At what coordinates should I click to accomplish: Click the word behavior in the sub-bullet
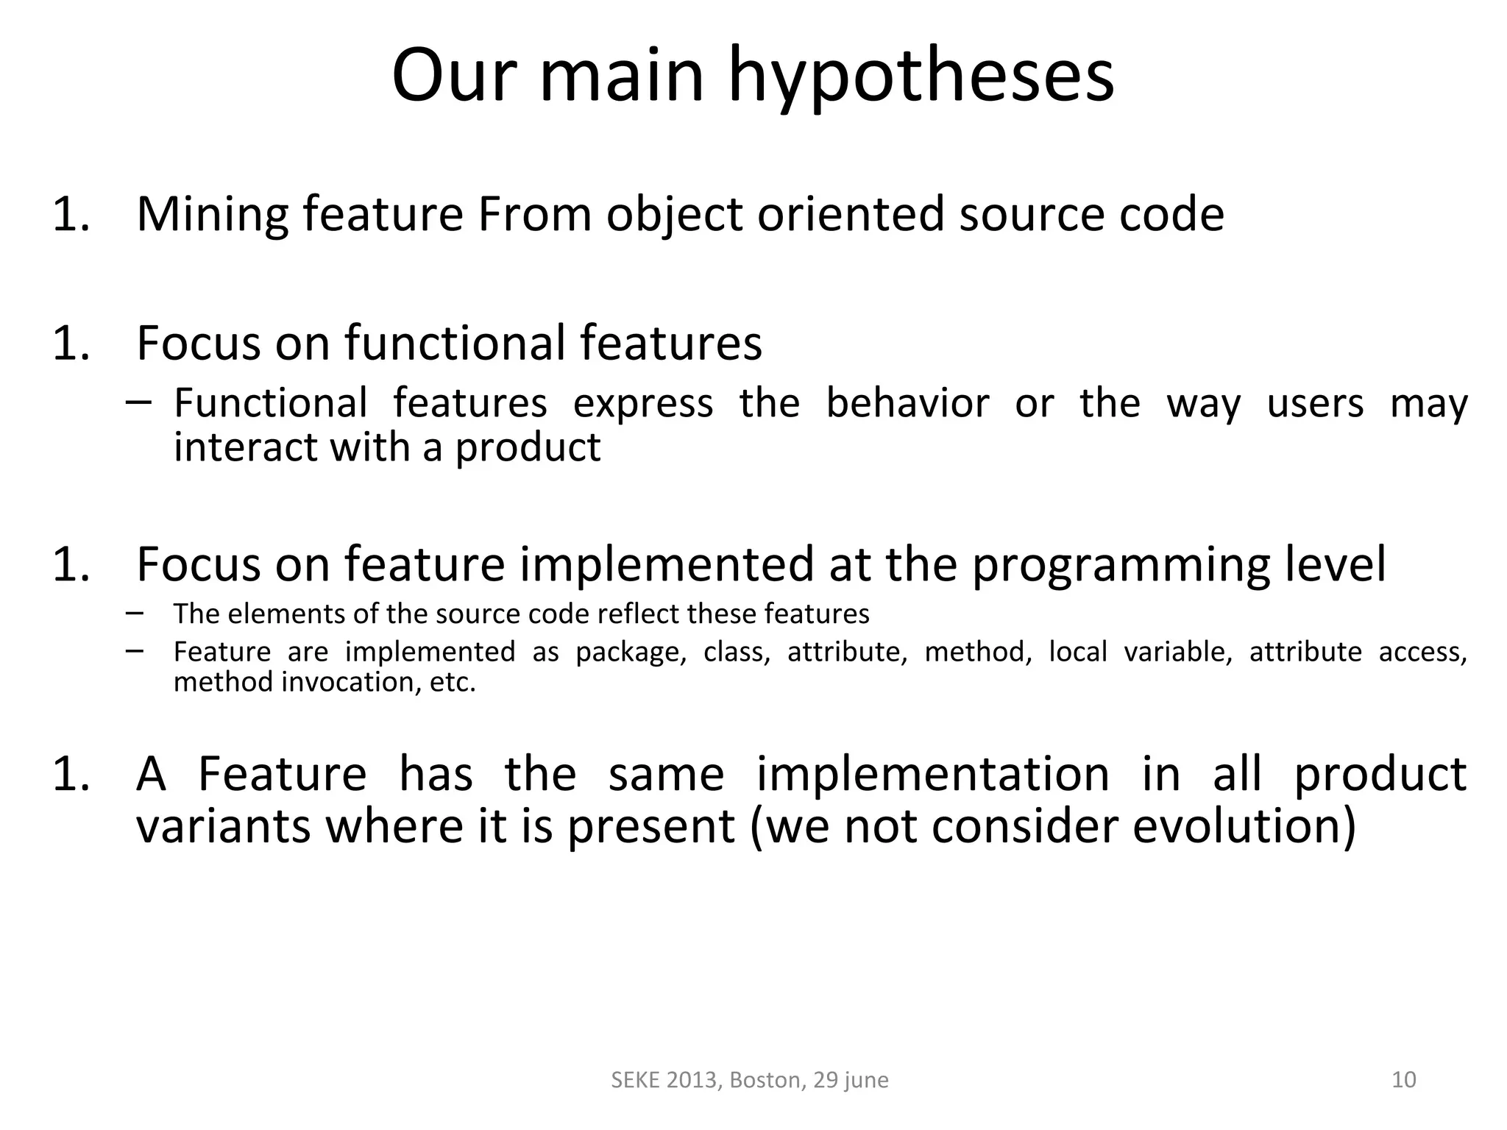click(x=907, y=403)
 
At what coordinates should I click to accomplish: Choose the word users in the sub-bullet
click(x=1315, y=403)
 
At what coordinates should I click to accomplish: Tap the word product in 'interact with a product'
click(x=528, y=447)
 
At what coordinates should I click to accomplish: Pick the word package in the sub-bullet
click(x=631, y=653)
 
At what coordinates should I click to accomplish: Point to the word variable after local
click(x=1177, y=652)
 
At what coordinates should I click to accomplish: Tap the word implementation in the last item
click(x=932, y=774)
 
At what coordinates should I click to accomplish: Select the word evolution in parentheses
click(x=1243, y=826)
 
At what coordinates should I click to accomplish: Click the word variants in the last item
click(x=223, y=826)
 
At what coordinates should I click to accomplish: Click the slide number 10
click(x=1404, y=1079)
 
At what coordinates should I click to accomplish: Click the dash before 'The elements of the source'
click(x=135, y=612)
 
